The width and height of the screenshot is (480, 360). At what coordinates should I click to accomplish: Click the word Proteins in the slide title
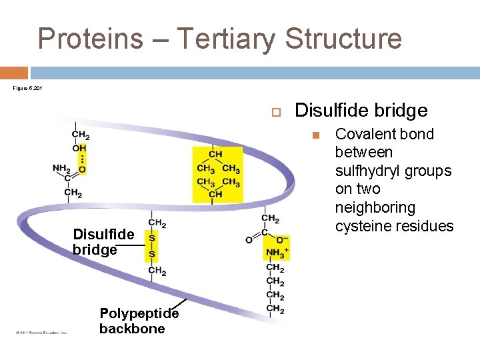tap(90, 39)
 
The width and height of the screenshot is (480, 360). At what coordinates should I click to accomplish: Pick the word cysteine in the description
tap(366, 226)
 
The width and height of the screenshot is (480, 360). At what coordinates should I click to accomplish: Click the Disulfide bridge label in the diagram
tap(103, 242)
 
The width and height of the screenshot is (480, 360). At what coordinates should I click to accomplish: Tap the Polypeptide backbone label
tap(139, 321)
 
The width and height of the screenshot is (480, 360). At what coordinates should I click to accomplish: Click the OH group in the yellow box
tap(79, 147)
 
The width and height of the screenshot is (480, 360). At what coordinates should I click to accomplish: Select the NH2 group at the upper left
tap(62, 168)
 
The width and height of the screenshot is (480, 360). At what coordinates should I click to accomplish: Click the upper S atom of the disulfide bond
tap(153, 238)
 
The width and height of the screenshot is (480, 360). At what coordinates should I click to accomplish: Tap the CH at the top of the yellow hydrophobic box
tap(215, 154)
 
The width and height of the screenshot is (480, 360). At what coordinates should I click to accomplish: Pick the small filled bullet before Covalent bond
tap(317, 135)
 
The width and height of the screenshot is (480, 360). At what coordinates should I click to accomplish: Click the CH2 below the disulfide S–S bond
tap(157, 271)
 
